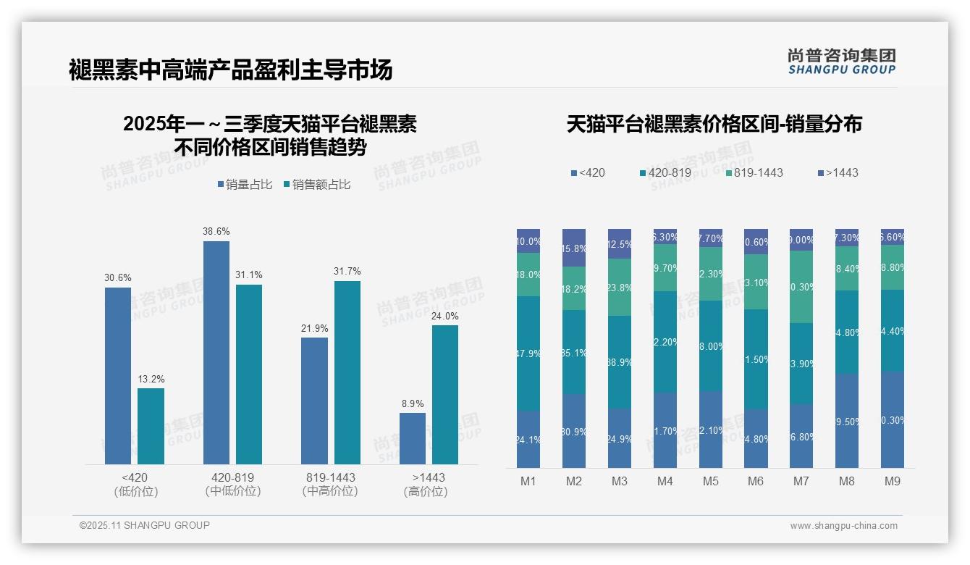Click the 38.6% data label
point(216,232)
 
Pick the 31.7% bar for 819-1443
point(347,372)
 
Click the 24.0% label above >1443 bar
point(445,316)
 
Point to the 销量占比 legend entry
point(245,185)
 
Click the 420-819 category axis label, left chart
point(232,484)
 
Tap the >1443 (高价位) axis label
point(429,484)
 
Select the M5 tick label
point(710,481)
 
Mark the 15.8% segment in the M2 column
point(574,248)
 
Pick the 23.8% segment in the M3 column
point(620,287)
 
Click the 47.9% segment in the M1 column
point(528,353)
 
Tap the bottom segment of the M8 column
point(847,421)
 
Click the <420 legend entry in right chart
point(588,173)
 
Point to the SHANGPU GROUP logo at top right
point(841,62)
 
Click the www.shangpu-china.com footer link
point(843,526)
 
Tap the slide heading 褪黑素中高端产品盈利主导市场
point(231,70)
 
